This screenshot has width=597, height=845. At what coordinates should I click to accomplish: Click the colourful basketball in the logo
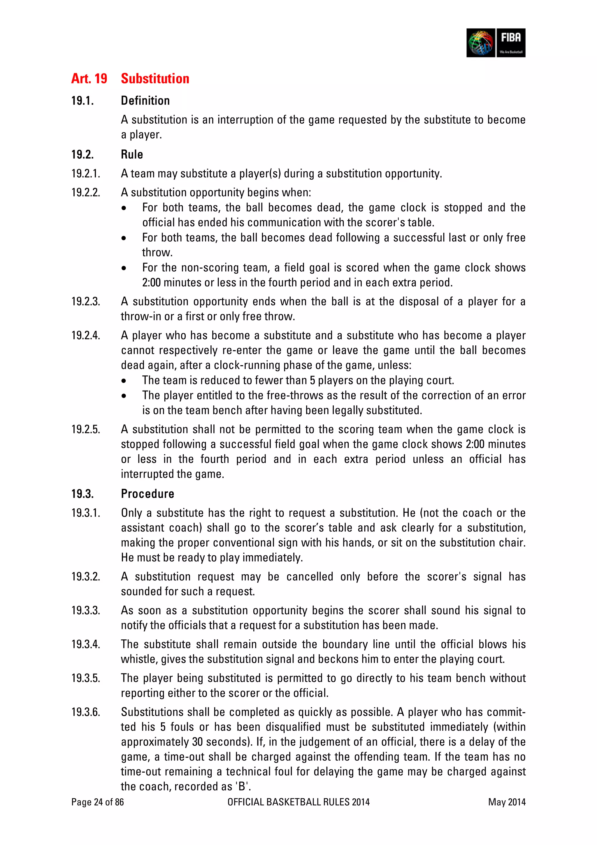(481, 43)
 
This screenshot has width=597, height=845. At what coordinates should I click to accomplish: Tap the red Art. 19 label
(89, 78)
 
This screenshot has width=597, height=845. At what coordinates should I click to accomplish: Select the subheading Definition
(145, 100)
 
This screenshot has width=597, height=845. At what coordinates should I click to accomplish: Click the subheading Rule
(132, 154)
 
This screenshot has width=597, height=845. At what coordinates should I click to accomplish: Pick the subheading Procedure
(148, 494)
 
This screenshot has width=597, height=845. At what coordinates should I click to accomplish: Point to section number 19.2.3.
(85, 301)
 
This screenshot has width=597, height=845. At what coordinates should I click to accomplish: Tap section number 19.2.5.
(85, 429)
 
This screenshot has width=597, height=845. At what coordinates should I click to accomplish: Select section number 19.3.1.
(85, 513)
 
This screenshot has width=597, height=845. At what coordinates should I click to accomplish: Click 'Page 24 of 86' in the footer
(97, 802)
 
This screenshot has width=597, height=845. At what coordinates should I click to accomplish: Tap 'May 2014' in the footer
(507, 802)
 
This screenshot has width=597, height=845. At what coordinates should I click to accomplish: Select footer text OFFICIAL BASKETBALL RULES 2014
(298, 802)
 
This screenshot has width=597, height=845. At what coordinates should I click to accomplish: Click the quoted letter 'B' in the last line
(242, 786)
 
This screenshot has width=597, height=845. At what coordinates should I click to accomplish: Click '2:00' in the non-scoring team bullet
(151, 283)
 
